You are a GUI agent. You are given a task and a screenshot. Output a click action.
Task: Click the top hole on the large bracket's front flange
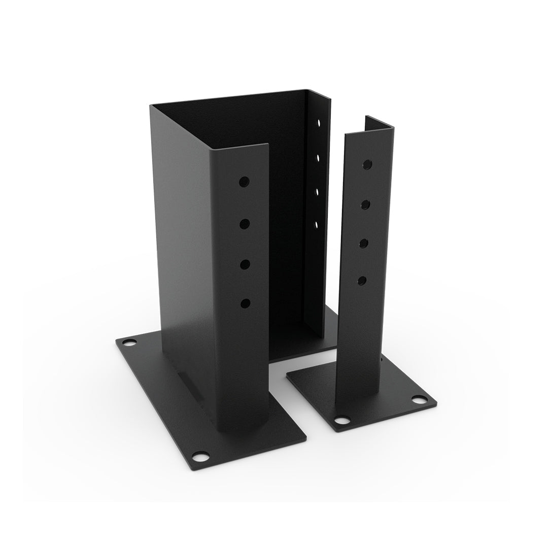pos(245,181)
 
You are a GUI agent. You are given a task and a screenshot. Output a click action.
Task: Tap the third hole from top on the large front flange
pos(245,263)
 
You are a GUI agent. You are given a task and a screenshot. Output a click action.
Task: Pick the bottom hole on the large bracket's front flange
pos(246,303)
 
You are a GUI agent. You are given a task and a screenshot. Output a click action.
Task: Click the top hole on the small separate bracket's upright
pos(367,164)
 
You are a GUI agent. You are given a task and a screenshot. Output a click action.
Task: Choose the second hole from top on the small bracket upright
pos(365,204)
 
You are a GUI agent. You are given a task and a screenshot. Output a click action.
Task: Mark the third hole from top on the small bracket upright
pos(363,243)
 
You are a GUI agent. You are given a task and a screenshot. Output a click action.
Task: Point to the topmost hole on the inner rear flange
pos(319,123)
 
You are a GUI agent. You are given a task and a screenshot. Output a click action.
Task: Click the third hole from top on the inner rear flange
pos(317,191)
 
